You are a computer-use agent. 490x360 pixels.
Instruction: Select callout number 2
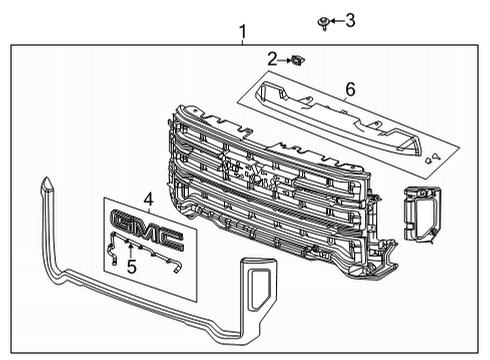click(x=272, y=60)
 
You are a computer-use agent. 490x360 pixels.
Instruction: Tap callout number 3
click(x=350, y=19)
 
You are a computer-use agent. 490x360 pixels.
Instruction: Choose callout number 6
click(x=349, y=90)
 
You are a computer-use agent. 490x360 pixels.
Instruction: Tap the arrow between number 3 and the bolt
click(x=338, y=20)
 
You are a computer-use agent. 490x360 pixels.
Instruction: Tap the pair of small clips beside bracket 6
click(x=431, y=156)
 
